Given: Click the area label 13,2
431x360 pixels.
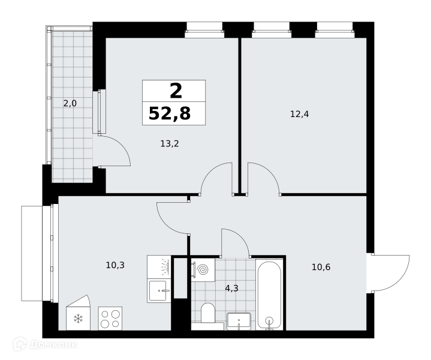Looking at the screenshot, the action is click(x=170, y=143).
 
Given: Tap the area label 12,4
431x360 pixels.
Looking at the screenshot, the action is click(x=300, y=114).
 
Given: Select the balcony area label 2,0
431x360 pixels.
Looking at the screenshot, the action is click(x=70, y=103).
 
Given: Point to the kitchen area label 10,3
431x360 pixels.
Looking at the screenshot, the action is click(x=115, y=265).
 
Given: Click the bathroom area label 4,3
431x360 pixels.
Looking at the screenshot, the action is click(x=232, y=289).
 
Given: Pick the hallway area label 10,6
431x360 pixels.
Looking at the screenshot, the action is click(x=321, y=267).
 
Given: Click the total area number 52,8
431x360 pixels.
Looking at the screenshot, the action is click(x=170, y=113).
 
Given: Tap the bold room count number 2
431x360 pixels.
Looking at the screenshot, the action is click(x=176, y=91).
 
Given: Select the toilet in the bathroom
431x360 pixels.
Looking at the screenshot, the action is click(x=208, y=313).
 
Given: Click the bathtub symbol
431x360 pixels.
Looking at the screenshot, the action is click(x=269, y=294).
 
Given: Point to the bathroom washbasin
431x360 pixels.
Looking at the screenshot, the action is click(x=239, y=321).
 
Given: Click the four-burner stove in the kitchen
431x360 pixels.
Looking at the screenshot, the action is click(x=110, y=319).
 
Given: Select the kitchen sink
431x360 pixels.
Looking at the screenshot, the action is click(x=159, y=290).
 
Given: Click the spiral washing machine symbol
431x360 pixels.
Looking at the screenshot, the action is click(x=203, y=270).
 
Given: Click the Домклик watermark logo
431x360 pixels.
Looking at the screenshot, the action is click(x=45, y=344).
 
